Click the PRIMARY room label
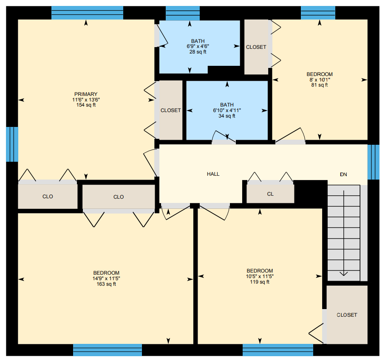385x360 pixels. [x=86, y=94]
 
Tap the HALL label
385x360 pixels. [x=213, y=174]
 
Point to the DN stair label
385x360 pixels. [x=343, y=174]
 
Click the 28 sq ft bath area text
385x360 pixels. [x=198, y=52]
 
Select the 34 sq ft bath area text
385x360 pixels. [x=227, y=116]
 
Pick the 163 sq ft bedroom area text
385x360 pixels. [x=106, y=284]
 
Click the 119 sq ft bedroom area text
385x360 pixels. [x=260, y=282]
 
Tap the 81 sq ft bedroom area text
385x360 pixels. [x=320, y=85]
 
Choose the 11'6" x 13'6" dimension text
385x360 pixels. [x=86, y=100]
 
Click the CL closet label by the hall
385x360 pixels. [x=270, y=194]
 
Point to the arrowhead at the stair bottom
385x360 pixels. [x=343, y=273]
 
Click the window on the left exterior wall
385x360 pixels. [x=12, y=144]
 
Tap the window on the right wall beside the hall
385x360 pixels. [x=373, y=162]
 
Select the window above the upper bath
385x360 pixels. [x=183, y=13]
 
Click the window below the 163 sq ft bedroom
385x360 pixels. [x=108, y=350]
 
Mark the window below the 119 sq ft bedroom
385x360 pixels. [x=278, y=350]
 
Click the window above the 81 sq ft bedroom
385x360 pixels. [x=318, y=13]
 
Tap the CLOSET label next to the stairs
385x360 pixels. [x=347, y=315]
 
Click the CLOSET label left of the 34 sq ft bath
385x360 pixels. [x=171, y=110]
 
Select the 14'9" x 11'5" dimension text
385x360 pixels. [x=106, y=278]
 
